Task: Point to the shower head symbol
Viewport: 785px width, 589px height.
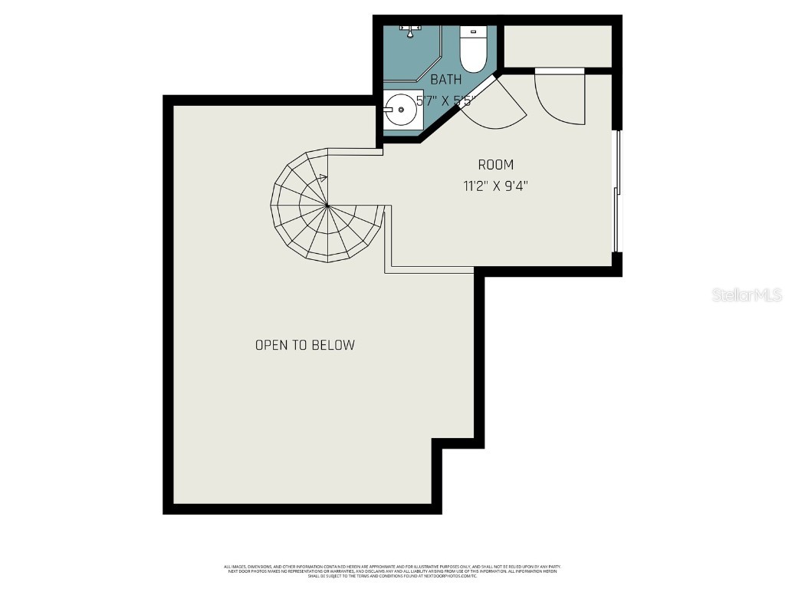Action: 412,30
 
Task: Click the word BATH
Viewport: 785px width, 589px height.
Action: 445,79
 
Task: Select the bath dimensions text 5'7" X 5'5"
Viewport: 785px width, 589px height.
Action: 445,100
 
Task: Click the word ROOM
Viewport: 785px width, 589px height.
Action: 495,164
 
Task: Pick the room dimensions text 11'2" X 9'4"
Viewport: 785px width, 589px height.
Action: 495,185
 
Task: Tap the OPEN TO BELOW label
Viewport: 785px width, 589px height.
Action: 304,345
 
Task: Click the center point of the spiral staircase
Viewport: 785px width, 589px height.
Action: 327,206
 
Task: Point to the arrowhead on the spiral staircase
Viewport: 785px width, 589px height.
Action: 324,178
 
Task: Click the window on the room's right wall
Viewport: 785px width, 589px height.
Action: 616,192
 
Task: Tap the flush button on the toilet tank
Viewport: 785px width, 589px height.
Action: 474,31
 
